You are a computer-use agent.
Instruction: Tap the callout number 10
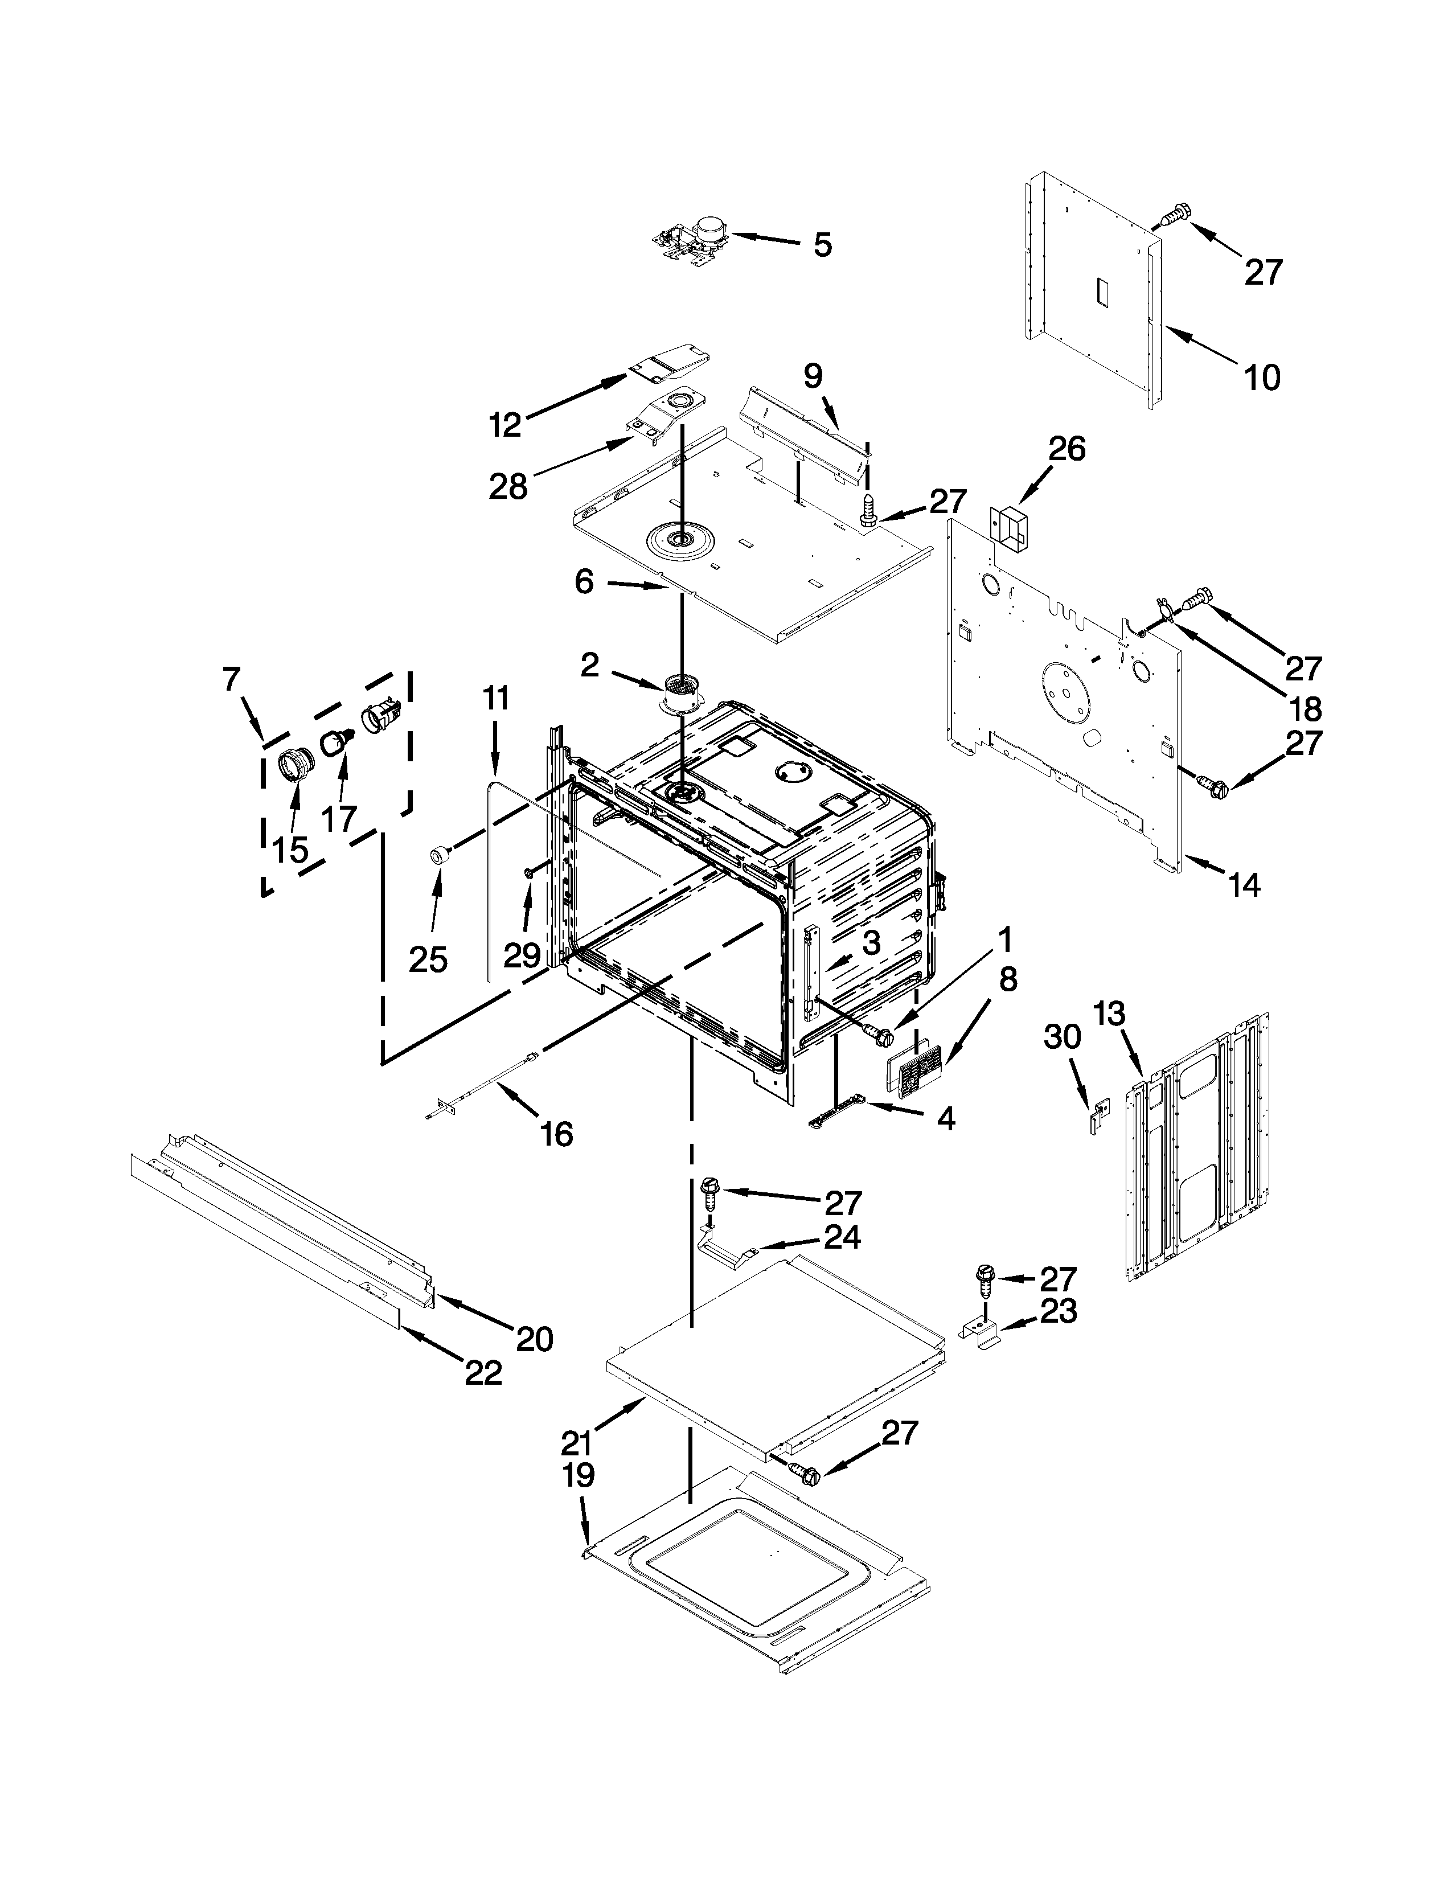[1262, 377]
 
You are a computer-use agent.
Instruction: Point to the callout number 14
[1244, 884]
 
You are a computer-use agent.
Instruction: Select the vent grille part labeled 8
[914, 1072]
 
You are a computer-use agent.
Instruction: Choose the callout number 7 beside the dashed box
[231, 680]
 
